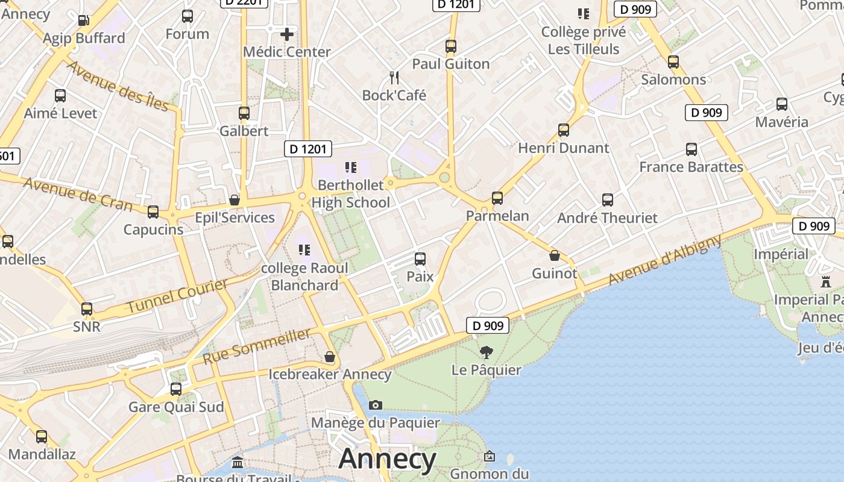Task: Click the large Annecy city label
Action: point(387,460)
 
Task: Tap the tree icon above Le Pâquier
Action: point(486,352)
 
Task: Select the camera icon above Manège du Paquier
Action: point(375,405)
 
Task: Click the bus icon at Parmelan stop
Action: point(497,198)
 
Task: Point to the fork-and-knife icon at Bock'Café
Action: point(394,77)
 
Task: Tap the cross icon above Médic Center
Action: point(287,34)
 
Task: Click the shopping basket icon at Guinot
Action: point(555,255)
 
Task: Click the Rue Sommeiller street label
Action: point(257,346)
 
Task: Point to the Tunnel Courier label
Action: point(177,296)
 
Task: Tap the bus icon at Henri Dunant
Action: point(564,130)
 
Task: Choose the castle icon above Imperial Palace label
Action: point(825,281)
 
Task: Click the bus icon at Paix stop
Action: point(420,259)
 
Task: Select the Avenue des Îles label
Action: point(118,86)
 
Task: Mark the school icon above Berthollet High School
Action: point(350,167)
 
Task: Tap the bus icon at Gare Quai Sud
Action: point(176,389)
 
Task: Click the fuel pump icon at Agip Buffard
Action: point(84,20)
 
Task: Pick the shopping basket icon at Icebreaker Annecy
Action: point(330,357)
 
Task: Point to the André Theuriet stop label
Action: point(607,218)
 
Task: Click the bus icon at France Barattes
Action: point(691,149)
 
